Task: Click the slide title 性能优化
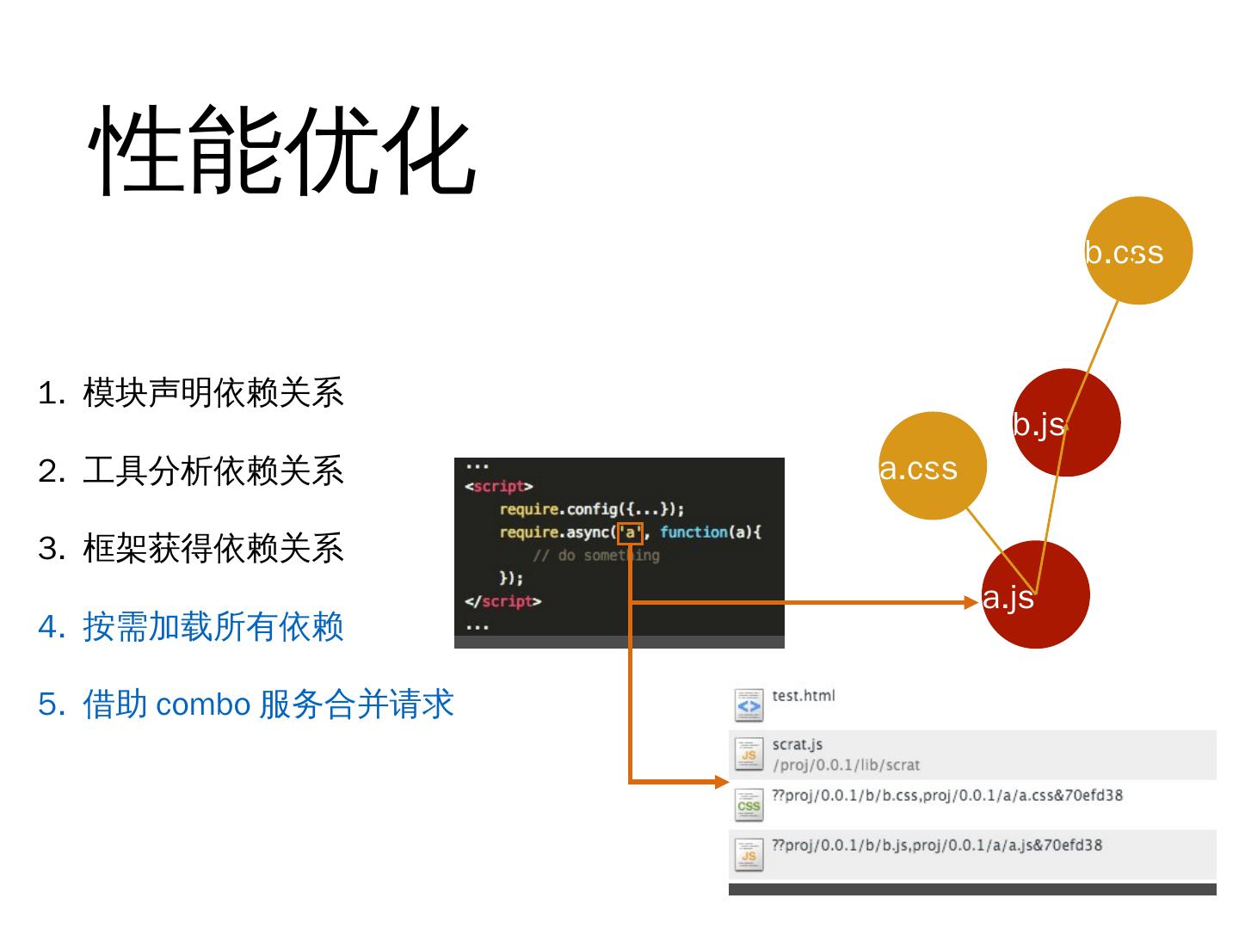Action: (282, 151)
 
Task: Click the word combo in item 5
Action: (203, 704)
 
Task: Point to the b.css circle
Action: (1138, 250)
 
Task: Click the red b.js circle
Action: (1067, 422)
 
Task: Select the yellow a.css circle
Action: (933, 465)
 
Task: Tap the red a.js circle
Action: (1036, 594)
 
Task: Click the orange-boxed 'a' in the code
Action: (630, 532)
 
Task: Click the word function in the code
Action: (693, 532)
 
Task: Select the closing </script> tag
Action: (503, 601)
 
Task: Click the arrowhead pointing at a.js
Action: (972, 602)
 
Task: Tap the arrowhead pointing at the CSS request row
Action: (722, 782)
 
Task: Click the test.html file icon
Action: (749, 705)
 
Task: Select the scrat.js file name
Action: (797, 745)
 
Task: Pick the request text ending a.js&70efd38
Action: (937, 845)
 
